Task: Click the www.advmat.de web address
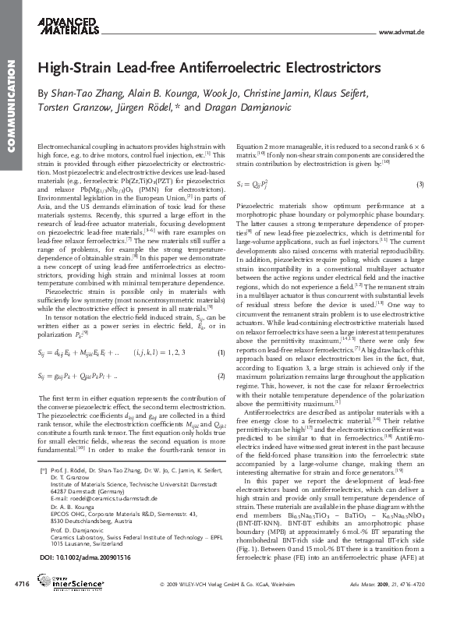pyautogui.click(x=400, y=34)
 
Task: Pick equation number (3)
pyautogui.click(x=420, y=184)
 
